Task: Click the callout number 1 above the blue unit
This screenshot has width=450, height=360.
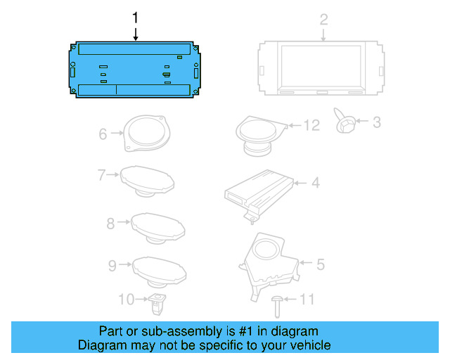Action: tap(135, 18)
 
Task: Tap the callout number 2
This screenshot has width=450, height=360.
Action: tap(323, 20)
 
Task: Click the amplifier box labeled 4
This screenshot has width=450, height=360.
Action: tap(259, 195)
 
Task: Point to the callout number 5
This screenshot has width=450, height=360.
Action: tap(321, 264)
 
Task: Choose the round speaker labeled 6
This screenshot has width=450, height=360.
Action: tap(147, 133)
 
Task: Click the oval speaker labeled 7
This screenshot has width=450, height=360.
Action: tap(147, 181)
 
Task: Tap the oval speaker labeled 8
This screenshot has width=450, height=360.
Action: tap(157, 229)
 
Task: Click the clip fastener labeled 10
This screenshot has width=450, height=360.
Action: tap(157, 304)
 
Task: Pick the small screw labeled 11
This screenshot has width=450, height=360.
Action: tap(277, 307)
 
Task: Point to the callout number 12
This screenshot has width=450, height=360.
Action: tap(311, 125)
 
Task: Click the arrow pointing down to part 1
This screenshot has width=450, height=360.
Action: tap(136, 34)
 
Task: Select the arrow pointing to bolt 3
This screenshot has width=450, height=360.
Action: tap(362, 121)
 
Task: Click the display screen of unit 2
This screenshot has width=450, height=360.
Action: tap(321, 65)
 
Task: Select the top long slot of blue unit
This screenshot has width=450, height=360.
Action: tap(134, 49)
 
